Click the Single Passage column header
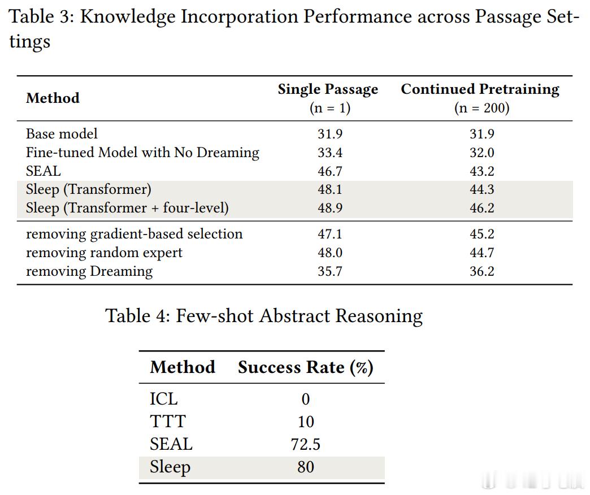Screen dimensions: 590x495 point(328,89)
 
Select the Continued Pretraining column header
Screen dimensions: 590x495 point(480,89)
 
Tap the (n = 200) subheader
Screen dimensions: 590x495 point(481,108)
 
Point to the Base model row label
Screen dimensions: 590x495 point(62,133)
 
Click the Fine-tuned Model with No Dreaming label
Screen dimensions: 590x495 point(142,153)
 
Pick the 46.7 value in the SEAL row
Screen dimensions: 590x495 point(330,171)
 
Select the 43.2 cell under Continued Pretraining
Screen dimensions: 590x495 point(482,171)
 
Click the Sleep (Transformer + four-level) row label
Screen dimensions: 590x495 point(127,208)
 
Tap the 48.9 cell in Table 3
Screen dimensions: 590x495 point(330,208)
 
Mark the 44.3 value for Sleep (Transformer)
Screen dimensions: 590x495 point(482,189)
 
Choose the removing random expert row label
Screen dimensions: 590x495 point(104,253)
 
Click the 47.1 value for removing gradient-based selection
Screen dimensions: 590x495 point(330,234)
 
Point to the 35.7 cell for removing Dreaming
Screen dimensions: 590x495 point(330,271)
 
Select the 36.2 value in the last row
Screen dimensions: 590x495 point(482,271)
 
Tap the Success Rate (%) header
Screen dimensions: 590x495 point(306,367)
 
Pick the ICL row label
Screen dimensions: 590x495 point(164,399)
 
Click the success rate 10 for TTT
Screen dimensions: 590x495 point(306,422)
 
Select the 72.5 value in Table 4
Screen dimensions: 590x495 point(306,444)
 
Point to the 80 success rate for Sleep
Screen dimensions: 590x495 point(306,467)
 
